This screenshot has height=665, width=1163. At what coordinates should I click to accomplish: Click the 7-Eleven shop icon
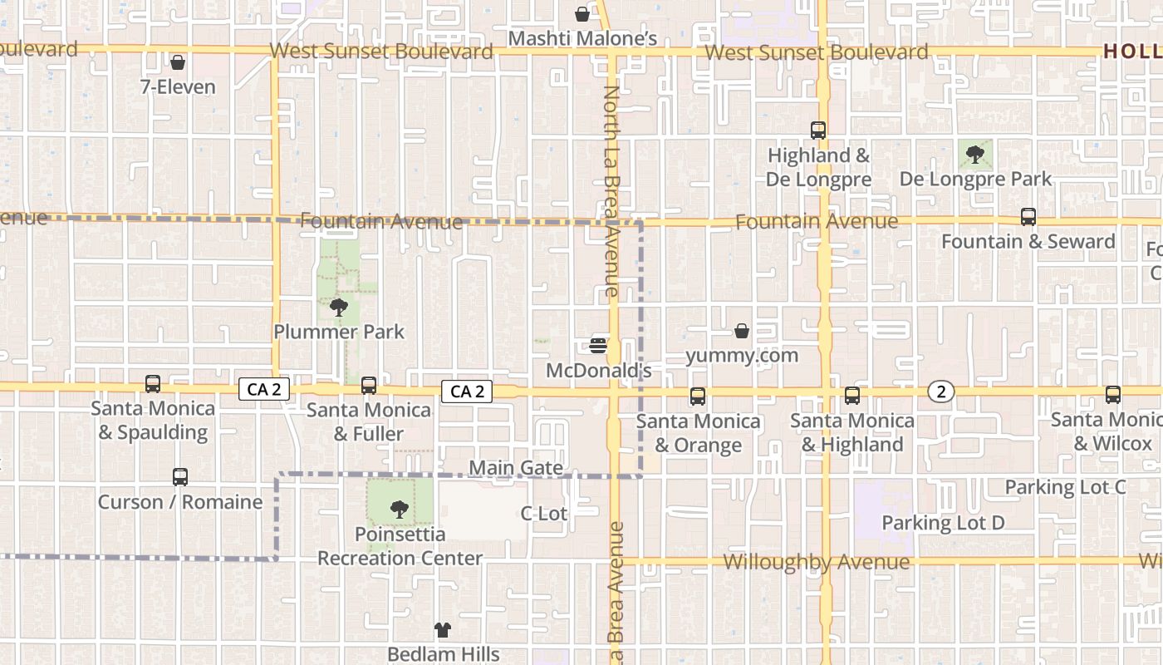pos(177,62)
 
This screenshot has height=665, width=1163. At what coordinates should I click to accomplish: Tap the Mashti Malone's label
pos(582,38)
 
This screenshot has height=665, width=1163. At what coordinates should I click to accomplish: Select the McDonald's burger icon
pos(598,344)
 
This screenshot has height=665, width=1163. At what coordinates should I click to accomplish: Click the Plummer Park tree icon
pos(338,308)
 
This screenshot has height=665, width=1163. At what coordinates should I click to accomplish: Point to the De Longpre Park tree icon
pos(975,154)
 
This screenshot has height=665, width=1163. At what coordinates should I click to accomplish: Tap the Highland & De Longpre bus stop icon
pos(818,131)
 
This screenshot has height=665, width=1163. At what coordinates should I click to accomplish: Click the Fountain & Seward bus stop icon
pos(1028,217)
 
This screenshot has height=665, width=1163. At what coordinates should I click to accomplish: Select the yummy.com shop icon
pos(742,331)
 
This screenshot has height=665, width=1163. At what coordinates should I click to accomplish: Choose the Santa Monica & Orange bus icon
pos(698,397)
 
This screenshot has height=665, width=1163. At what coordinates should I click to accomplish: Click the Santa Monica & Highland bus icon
pos(852,396)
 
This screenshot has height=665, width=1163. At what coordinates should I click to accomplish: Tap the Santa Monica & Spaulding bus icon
pos(153,384)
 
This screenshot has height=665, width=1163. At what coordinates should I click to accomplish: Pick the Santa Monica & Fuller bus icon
pos(369,386)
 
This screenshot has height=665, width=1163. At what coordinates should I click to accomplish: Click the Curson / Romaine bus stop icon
pos(180,477)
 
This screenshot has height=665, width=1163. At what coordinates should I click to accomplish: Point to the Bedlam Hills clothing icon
pos(443,630)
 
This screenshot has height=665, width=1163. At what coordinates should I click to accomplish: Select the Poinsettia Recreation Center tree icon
pos(400,510)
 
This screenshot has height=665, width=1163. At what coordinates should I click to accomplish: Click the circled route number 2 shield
pos(940,392)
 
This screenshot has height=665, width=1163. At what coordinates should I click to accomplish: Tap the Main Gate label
pos(516,468)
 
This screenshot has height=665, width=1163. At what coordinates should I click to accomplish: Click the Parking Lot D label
pos(943,523)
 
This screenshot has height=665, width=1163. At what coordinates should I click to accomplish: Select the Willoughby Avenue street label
pos(817,562)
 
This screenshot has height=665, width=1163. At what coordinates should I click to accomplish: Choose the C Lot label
pos(544,514)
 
